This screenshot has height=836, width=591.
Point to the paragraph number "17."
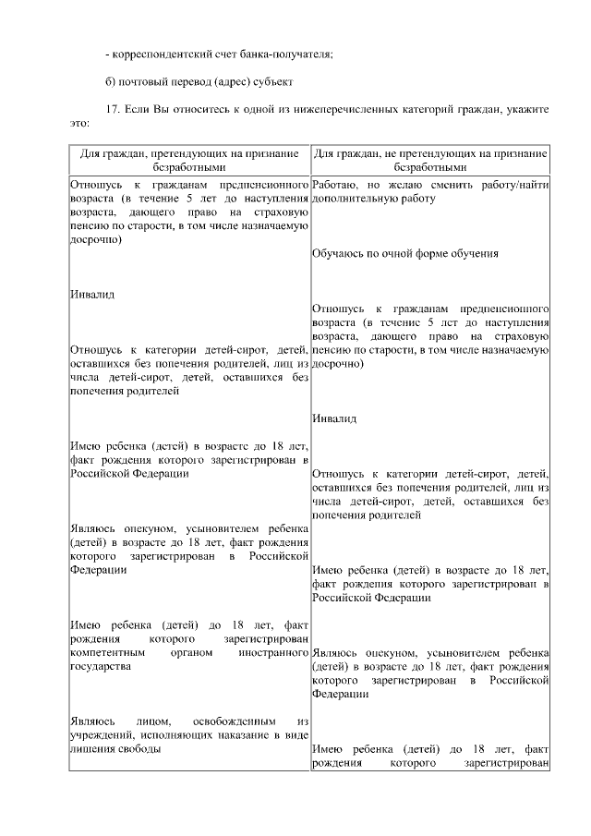point(114,108)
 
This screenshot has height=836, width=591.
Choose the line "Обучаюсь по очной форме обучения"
point(405,252)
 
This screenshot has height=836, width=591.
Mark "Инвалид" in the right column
point(334,418)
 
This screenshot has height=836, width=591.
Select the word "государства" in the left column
point(101,666)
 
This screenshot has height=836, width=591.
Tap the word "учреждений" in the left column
point(102,734)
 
